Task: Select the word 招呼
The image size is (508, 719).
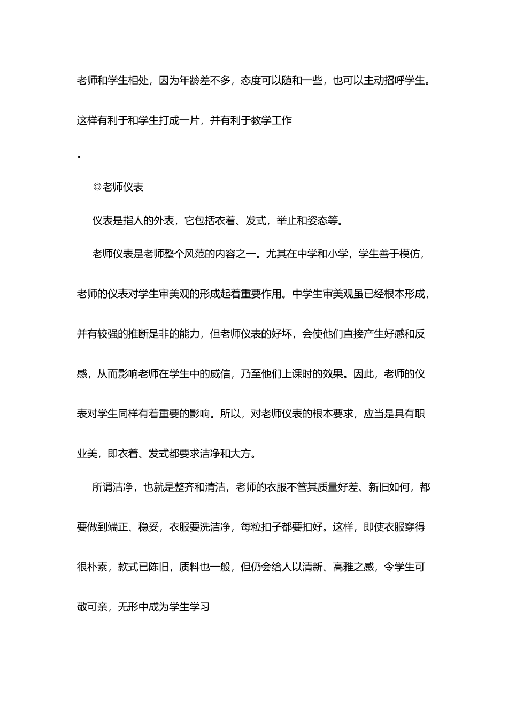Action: point(389,81)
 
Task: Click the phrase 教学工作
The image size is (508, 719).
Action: point(272,121)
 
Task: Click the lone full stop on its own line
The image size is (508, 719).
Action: point(79,157)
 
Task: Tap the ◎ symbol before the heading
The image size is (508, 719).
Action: point(97,188)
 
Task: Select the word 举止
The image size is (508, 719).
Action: point(287,220)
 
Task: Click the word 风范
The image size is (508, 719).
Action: point(195,254)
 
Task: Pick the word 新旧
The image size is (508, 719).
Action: point(379,487)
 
